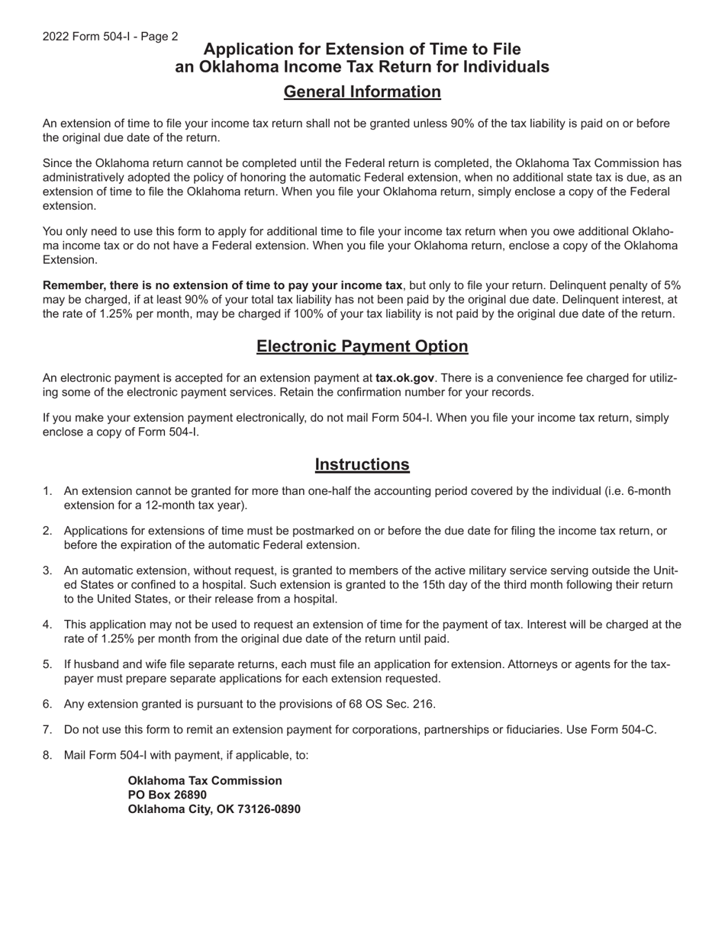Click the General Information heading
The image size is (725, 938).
(x=362, y=92)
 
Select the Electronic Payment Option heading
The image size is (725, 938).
(x=362, y=347)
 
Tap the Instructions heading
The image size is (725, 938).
(x=362, y=465)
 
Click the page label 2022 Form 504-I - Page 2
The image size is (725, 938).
(x=111, y=37)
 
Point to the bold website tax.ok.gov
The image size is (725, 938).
(x=404, y=378)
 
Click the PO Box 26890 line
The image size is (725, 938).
(x=167, y=795)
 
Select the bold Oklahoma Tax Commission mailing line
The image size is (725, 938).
(x=205, y=781)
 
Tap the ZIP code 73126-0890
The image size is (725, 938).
(x=269, y=810)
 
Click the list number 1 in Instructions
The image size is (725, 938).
(x=47, y=491)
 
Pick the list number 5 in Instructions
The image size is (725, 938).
(x=47, y=664)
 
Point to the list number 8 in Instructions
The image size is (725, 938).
(x=47, y=756)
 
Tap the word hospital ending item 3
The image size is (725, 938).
(x=314, y=599)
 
